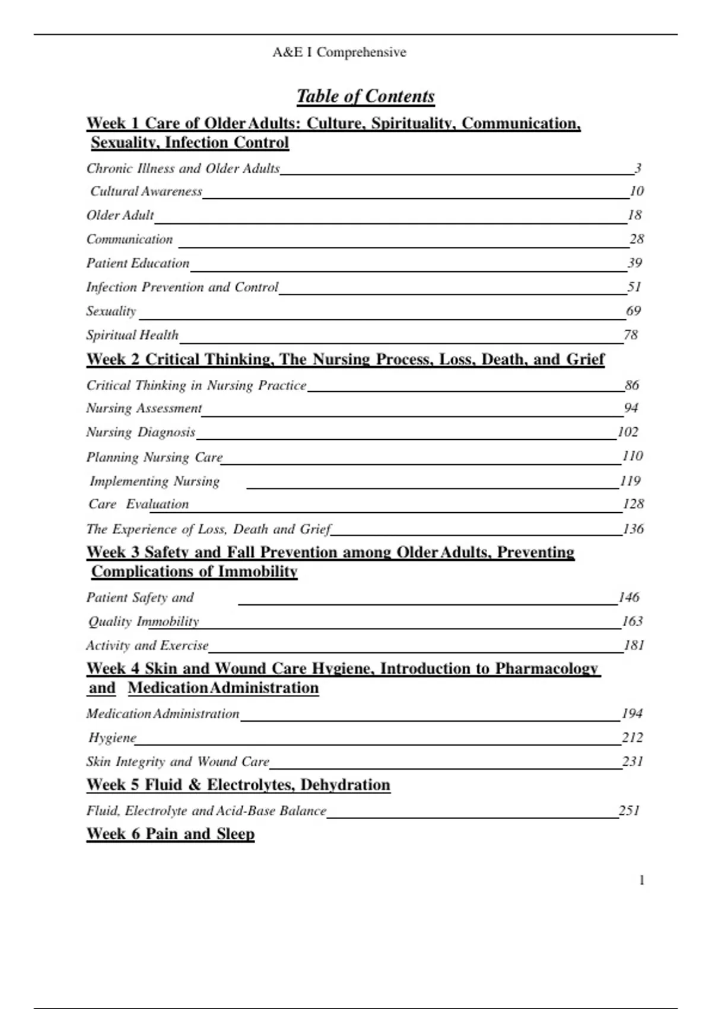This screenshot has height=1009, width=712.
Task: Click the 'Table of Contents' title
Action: [x=365, y=96]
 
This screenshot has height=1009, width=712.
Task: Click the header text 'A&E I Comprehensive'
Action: [x=339, y=52]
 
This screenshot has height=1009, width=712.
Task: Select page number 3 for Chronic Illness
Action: [x=638, y=169]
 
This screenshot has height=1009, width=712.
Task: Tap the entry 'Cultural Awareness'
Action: [x=146, y=191]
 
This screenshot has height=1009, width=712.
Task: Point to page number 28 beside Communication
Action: [x=637, y=239]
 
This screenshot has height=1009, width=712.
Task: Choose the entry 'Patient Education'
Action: [x=138, y=263]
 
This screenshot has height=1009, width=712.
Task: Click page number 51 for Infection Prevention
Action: [x=634, y=287]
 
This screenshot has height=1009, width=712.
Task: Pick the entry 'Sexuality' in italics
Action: [x=111, y=311]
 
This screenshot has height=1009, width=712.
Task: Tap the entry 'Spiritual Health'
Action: [x=132, y=335]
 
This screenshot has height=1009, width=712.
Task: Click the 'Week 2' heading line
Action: [x=345, y=359]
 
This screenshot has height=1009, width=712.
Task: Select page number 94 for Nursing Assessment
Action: [x=631, y=408]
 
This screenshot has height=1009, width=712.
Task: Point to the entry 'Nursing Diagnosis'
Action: [x=141, y=432]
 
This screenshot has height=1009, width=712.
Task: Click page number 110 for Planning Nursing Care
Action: [x=632, y=456]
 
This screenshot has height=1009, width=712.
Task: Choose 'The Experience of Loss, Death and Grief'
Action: [x=209, y=529]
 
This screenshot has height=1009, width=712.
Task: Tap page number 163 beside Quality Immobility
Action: [x=632, y=621]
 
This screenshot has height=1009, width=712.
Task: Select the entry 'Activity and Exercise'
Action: [x=147, y=645]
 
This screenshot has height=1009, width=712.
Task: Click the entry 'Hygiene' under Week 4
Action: [x=112, y=738]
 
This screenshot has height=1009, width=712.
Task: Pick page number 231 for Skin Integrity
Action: [x=632, y=761]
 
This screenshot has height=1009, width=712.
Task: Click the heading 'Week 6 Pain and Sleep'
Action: [x=171, y=834]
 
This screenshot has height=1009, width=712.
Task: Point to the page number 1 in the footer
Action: [x=641, y=880]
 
